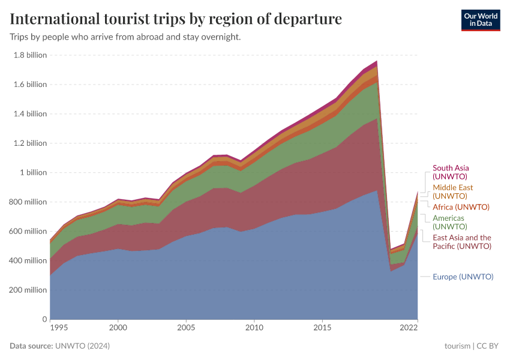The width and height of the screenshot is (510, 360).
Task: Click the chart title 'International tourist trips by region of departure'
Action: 176,19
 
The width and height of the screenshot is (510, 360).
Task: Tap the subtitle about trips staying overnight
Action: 125,37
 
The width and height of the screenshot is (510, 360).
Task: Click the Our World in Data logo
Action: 480,19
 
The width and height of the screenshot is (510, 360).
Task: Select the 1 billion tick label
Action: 33,173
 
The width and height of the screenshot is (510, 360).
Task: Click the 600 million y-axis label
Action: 29,232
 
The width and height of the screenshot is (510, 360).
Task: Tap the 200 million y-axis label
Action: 29,290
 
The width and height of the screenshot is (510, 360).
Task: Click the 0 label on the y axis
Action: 44,319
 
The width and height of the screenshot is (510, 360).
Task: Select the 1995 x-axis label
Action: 58,328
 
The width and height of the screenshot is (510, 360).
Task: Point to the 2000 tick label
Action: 118,328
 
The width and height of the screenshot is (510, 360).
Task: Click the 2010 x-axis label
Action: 254,328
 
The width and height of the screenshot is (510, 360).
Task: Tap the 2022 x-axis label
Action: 409,328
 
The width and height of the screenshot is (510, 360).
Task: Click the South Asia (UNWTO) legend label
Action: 451,173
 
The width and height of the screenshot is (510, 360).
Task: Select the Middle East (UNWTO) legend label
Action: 452,192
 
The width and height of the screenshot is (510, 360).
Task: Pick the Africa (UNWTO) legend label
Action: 461,207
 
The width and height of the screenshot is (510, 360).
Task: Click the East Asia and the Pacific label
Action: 462,242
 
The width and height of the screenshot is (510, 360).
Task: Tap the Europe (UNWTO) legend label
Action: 463,277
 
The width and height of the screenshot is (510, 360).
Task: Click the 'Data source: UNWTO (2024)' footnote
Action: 59,346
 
